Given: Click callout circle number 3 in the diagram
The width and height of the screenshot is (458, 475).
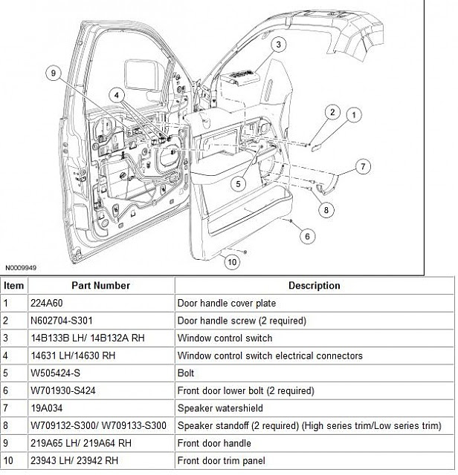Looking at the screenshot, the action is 278,45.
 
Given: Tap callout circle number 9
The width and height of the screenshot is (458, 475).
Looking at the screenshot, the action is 54,73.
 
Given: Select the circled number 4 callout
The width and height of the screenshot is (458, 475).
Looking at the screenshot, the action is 117,95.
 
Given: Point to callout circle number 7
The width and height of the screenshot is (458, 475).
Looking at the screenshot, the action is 363,166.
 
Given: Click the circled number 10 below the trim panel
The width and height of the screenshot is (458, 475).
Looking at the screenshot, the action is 232,262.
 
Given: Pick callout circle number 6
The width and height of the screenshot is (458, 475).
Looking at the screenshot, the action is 307,236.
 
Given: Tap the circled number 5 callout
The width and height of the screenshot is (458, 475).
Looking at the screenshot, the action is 238,184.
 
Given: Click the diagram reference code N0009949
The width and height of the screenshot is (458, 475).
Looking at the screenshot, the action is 21,268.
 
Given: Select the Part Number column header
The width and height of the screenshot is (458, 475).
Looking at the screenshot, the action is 101,285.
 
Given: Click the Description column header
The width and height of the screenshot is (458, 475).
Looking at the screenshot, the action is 315,285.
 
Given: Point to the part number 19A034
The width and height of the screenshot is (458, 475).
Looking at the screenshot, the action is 46,408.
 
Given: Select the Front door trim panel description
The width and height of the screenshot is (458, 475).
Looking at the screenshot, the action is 222,460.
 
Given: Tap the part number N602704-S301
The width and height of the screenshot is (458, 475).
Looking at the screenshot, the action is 62,321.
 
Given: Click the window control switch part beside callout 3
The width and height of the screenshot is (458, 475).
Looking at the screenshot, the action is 239,77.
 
